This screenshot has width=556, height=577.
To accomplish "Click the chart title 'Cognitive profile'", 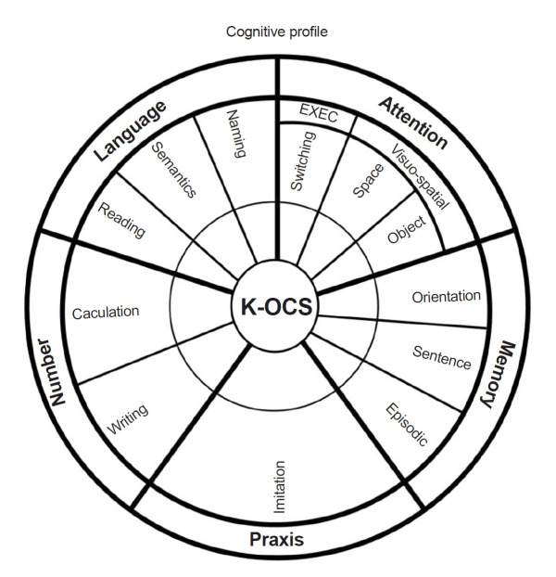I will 277,32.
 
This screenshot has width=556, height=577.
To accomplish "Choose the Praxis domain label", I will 276,539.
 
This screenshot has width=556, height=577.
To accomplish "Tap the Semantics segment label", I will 173,171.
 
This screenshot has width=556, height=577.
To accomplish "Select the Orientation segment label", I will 446,297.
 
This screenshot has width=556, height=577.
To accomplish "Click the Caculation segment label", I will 105,313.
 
